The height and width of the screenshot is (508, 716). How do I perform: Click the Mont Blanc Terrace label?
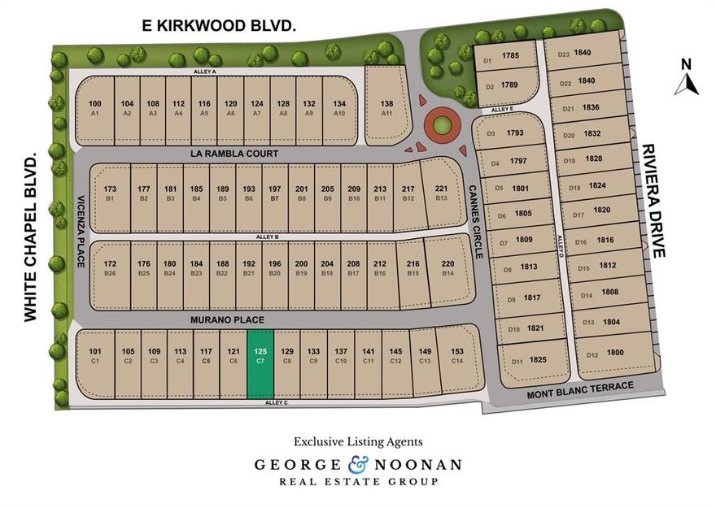coord(579,386)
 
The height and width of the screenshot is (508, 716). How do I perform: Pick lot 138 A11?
coord(386,107)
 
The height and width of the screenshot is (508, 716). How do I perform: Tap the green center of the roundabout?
coord(440,125)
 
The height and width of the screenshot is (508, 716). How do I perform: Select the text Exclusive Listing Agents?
coord(358,441)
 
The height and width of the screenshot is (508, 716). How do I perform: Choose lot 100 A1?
coord(95,107)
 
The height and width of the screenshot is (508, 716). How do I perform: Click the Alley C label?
coord(277,403)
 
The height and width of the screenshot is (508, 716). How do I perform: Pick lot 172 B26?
coord(110,267)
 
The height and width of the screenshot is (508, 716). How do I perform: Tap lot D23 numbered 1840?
coord(578,54)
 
